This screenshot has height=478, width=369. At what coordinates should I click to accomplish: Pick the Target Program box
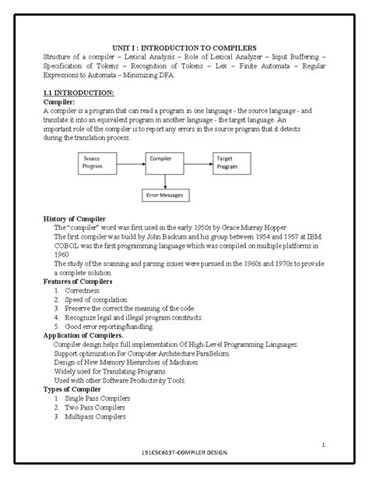coord(233,161)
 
